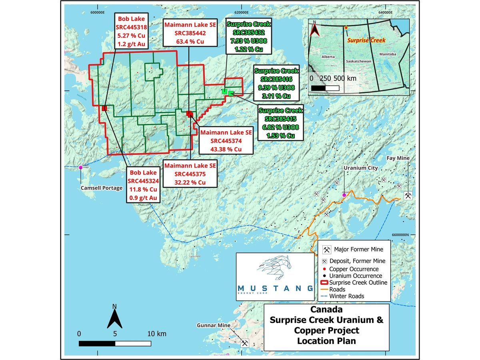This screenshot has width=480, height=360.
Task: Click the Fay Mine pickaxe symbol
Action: pyautogui.click(x=408, y=196)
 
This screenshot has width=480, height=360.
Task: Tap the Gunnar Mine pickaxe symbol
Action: pyautogui.click(x=244, y=343)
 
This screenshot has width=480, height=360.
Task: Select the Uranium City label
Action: pyautogui.click(x=360, y=168)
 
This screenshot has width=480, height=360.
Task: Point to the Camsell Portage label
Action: pyautogui.click(x=102, y=188)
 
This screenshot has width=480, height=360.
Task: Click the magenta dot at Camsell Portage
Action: pyautogui.click(x=81, y=168)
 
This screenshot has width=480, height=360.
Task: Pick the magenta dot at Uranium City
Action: pyautogui.click(x=344, y=195)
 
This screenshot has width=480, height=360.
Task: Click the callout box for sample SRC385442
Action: pyautogui.click(x=190, y=33)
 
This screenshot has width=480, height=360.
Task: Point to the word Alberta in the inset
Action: pyautogui.click(x=328, y=57)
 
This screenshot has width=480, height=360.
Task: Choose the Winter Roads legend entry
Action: pyautogui.click(x=346, y=296)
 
